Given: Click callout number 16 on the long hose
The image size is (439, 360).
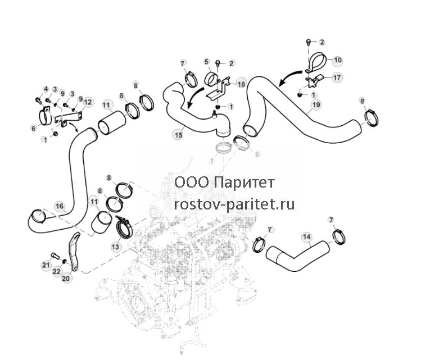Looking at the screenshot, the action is point(60,207).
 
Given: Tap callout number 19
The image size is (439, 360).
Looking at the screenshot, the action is point(316,105).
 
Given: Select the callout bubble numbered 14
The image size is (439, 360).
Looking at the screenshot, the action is point(306,237).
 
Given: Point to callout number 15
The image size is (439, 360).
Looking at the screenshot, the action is point(178,135).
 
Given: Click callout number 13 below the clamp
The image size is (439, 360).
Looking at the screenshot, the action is point(115,247).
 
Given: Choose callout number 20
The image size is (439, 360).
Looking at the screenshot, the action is point(66,279).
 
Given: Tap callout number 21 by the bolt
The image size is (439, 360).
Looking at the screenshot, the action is point(46,265).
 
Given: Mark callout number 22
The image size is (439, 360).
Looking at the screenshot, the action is point(57,271).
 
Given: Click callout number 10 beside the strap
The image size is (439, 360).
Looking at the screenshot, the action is point(338,60).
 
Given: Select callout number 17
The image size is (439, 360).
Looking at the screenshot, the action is point(337,77).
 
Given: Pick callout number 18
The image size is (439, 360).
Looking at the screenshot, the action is point(241,84).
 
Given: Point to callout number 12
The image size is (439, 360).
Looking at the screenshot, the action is point(88,102).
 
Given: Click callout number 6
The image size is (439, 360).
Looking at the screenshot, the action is point(34,128).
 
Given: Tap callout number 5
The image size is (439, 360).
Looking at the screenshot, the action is point(207,62).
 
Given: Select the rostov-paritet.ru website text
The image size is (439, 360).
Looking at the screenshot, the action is point(234,204).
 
